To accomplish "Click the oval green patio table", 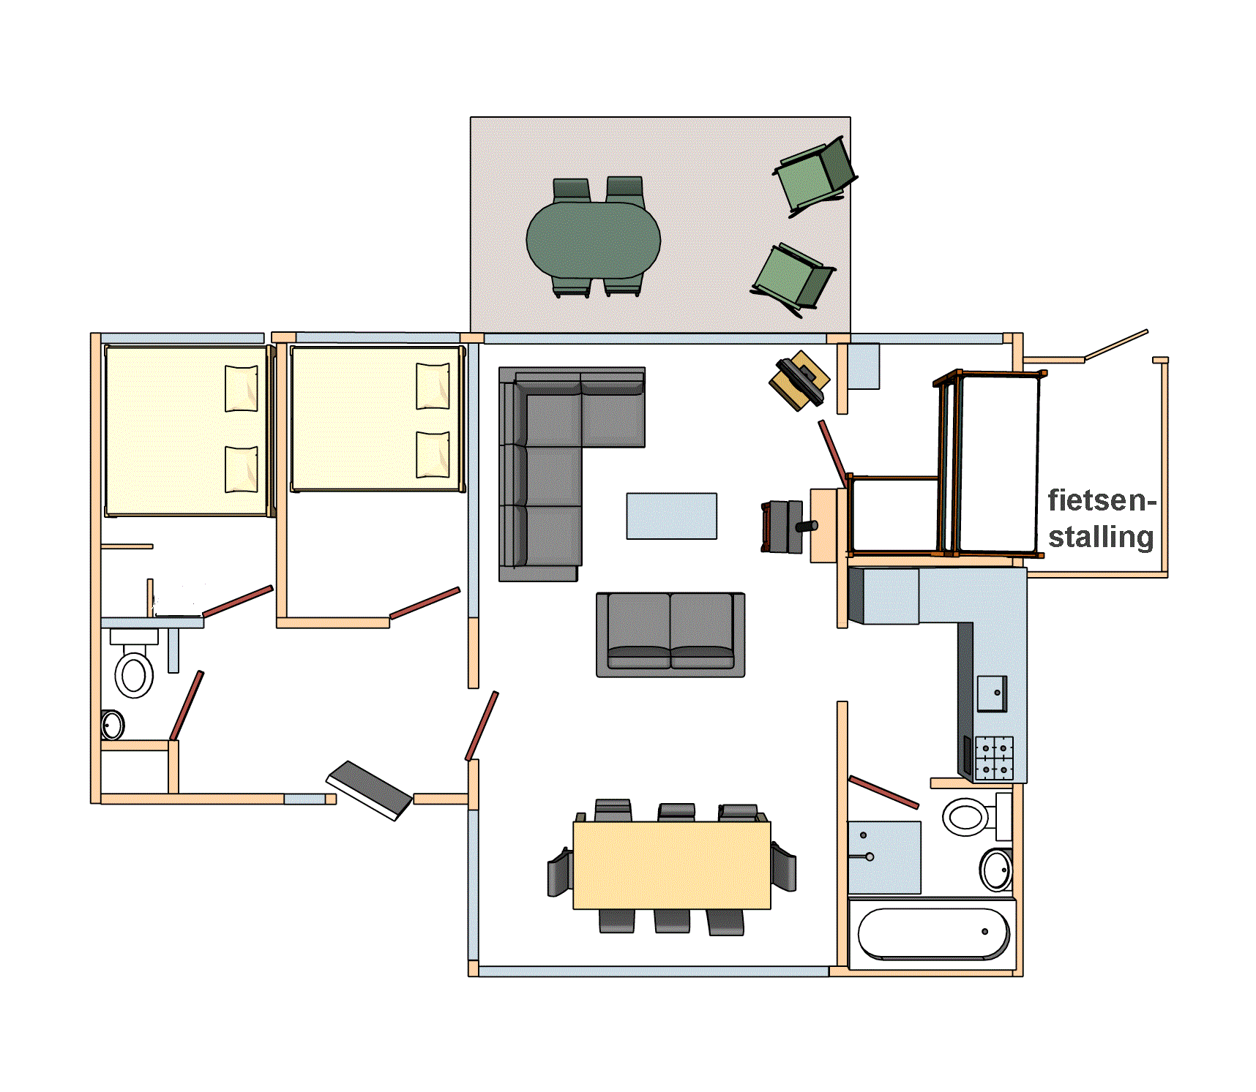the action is (x=594, y=240).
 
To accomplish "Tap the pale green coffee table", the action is (x=671, y=516).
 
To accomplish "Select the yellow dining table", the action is (x=672, y=865).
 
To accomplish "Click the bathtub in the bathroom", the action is (x=932, y=933).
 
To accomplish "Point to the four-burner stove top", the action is (x=994, y=758).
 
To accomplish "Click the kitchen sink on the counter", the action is (x=992, y=693).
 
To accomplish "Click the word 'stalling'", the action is (x=1101, y=537).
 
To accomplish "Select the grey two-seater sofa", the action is (x=670, y=634).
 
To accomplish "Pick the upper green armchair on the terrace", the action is (x=815, y=176).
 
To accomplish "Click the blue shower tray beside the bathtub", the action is (x=884, y=857).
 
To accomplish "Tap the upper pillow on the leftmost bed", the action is (x=241, y=388).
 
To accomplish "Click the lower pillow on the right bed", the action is (x=433, y=454).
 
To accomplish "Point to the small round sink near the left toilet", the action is (x=113, y=725).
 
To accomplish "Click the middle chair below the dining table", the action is (x=672, y=921).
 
